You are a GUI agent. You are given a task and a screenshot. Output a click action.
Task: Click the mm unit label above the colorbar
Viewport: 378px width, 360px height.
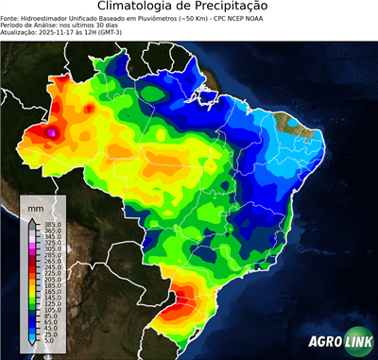coord(34,206)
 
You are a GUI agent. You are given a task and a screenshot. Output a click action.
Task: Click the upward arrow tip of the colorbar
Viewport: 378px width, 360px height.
coord(33,218)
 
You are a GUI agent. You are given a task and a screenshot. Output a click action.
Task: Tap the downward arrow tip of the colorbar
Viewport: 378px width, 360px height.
coord(33,347)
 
